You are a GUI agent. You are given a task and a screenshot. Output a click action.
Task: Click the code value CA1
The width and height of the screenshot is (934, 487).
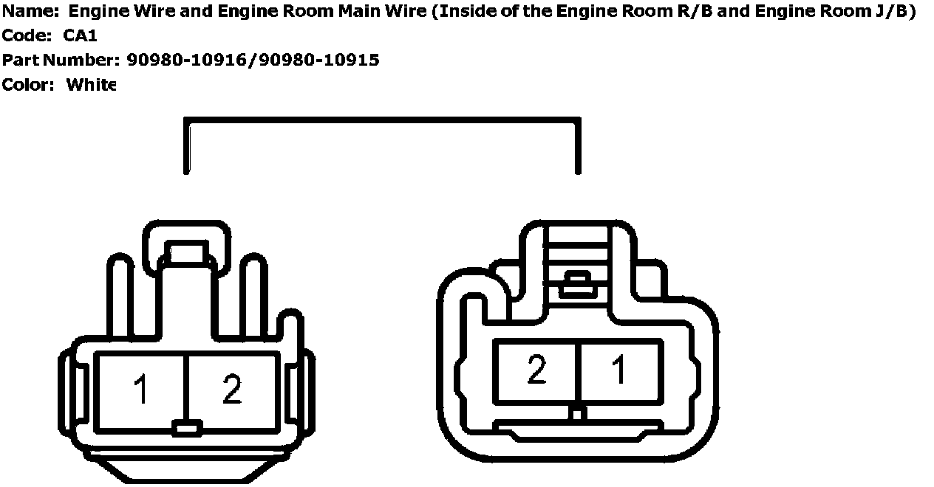tap(81, 36)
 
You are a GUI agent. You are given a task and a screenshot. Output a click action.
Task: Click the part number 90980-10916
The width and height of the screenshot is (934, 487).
tap(188, 61)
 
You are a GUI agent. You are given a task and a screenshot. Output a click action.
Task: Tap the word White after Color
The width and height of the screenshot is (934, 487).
tap(91, 85)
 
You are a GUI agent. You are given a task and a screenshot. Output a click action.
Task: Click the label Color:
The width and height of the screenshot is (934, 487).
tap(28, 85)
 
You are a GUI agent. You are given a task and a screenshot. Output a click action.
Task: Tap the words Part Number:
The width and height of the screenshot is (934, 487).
tap(60, 61)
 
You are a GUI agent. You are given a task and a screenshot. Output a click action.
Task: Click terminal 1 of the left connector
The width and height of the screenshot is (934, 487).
tap(140, 390)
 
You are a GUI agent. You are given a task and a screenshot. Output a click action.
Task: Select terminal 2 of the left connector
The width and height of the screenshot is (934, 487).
tap(232, 390)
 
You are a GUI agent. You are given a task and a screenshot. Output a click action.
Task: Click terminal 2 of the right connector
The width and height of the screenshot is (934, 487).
tap(536, 370)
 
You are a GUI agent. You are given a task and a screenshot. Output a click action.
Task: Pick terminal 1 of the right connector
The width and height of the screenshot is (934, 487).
tap(619, 370)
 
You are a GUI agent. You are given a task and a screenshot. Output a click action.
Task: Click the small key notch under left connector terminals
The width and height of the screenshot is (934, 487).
tap(186, 427)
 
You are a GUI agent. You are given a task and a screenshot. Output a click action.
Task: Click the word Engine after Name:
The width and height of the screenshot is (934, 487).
tap(93, 12)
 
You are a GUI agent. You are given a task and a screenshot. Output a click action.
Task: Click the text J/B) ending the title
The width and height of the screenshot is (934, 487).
tap(894, 12)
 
